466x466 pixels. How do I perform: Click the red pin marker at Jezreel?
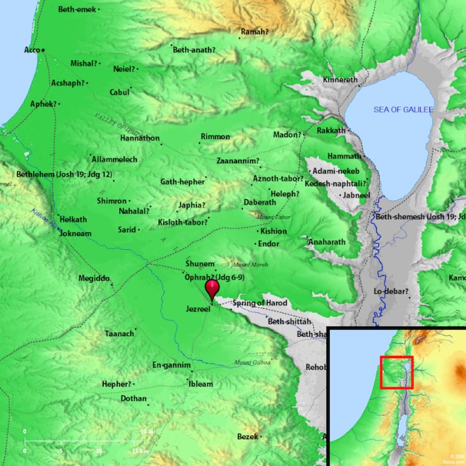[212, 289]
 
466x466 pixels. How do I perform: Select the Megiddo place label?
[94, 278]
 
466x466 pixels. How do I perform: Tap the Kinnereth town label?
[340, 80]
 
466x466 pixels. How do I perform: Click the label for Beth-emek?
[76, 9]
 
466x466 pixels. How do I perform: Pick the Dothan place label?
[133, 399]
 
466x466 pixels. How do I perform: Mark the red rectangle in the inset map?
[396, 372]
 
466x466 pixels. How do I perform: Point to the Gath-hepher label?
[181, 181]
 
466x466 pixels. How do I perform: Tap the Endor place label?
[268, 244]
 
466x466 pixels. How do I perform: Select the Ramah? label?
[255, 32]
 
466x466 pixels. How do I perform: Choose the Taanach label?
[119, 333]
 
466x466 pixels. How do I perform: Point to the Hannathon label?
[140, 138]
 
